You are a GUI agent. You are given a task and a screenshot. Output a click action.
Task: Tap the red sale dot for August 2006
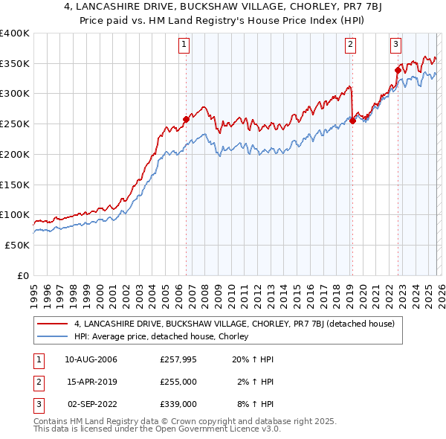[x=186, y=119]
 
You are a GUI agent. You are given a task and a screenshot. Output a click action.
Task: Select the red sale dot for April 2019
[x=352, y=121]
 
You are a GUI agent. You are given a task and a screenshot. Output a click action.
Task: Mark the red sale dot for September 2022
[x=398, y=71]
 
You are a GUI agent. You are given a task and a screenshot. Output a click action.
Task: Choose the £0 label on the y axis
[x=22, y=275]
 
